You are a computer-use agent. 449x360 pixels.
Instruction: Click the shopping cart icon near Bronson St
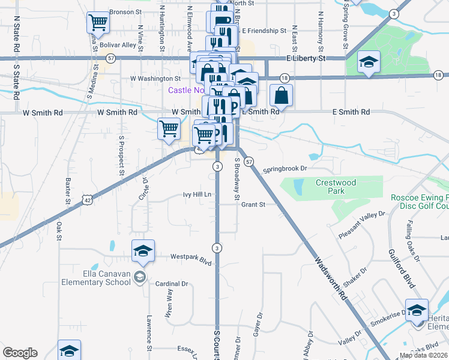coord(98,23)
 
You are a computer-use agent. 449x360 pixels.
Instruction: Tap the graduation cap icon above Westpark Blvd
coord(143,251)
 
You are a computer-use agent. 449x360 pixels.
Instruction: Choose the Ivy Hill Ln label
coord(197,195)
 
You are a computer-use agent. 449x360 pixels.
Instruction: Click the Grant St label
coord(253,205)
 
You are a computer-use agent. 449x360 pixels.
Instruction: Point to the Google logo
coord(20,353)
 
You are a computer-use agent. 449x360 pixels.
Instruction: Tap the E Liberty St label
coord(304,59)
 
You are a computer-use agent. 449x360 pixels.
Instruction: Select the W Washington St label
coord(155,79)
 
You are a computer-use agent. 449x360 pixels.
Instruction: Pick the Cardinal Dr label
coord(172,284)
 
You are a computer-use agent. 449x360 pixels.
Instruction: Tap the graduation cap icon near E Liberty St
coord(368,62)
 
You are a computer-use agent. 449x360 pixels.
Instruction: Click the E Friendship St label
coord(261,31)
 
